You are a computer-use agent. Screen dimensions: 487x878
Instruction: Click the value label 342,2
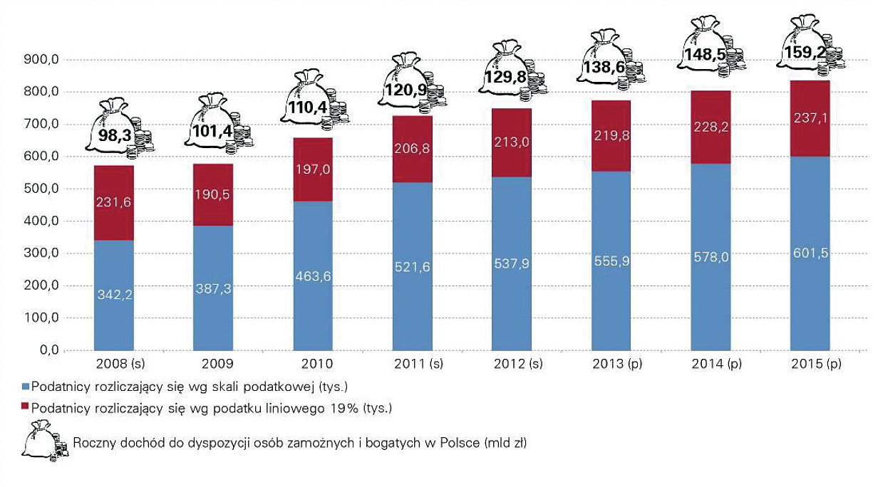point(114,294)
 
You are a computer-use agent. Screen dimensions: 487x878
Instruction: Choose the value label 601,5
point(810,255)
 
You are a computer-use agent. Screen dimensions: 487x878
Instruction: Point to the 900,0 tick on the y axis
point(41,60)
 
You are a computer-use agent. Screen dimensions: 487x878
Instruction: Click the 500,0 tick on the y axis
point(41,189)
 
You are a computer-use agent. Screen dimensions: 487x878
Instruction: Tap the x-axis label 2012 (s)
point(512,365)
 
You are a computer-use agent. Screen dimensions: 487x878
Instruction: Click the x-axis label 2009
point(214,365)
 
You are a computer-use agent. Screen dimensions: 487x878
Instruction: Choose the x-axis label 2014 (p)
point(711,365)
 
